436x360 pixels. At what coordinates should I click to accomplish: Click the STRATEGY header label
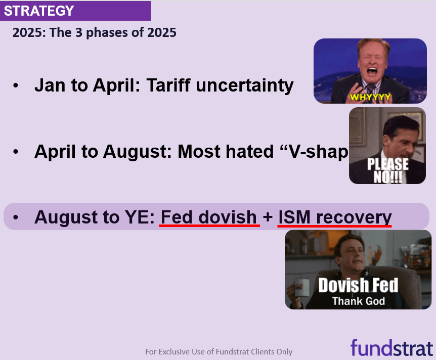coord(39,11)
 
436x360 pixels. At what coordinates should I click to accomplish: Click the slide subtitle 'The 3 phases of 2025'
coord(113,32)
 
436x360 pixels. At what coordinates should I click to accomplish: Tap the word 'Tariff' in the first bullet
coord(169,85)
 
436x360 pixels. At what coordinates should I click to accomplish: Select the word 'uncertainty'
coord(245,85)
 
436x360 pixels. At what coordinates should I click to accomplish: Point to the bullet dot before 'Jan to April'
coord(16,85)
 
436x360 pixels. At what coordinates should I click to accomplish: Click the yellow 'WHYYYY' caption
coord(370,97)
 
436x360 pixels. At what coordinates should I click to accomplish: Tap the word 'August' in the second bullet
coord(138,152)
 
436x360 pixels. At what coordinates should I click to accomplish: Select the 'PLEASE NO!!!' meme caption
coord(387,170)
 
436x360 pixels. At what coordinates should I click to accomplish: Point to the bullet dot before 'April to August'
coord(16,152)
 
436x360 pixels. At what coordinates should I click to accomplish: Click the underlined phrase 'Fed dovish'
coord(208,217)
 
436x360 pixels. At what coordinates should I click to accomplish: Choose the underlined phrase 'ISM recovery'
coord(335,217)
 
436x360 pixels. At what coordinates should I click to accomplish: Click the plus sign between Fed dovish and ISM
coord(268,217)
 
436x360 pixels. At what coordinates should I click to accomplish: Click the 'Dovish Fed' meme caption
coord(358,285)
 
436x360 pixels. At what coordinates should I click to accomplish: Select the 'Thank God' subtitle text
coord(359,301)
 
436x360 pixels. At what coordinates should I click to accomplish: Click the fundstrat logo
coord(391,347)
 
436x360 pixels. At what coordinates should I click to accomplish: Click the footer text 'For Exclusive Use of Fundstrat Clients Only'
coord(219,352)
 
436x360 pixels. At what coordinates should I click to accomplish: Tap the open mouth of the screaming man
coord(372,71)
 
